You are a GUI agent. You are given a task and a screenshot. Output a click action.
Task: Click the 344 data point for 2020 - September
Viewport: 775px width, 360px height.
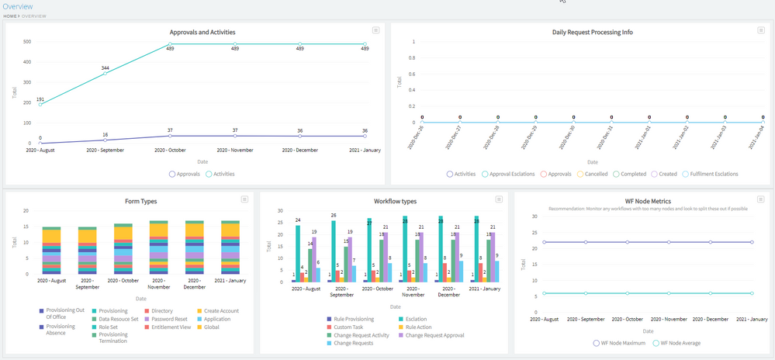click(106, 74)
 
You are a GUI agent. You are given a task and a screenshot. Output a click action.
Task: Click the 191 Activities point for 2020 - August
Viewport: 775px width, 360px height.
click(40, 104)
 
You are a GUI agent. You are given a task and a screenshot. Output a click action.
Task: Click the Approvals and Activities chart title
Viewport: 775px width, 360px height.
click(202, 32)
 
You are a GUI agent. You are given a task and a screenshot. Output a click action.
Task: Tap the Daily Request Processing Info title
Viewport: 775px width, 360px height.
click(581, 32)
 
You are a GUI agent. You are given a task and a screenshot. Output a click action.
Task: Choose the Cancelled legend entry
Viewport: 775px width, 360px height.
click(596, 174)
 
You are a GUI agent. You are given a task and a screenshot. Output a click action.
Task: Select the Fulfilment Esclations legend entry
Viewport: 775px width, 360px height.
click(709, 174)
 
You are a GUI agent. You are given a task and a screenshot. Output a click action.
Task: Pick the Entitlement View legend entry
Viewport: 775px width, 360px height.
click(170, 327)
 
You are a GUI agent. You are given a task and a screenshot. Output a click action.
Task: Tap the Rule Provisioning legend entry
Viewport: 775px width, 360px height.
click(354, 319)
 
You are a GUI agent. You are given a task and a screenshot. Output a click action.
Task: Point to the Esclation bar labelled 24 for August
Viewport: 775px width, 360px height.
click(298, 249)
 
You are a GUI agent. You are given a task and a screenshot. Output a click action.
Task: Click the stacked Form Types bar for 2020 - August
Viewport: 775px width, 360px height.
click(52, 251)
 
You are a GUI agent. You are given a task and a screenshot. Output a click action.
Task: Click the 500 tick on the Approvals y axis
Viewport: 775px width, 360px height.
click(27, 42)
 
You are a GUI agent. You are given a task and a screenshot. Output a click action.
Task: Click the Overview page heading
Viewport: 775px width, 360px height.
click(18, 6)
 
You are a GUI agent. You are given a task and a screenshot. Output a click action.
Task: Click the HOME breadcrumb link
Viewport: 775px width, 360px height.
click(10, 16)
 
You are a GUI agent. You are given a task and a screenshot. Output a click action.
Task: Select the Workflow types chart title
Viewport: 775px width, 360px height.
click(395, 201)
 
